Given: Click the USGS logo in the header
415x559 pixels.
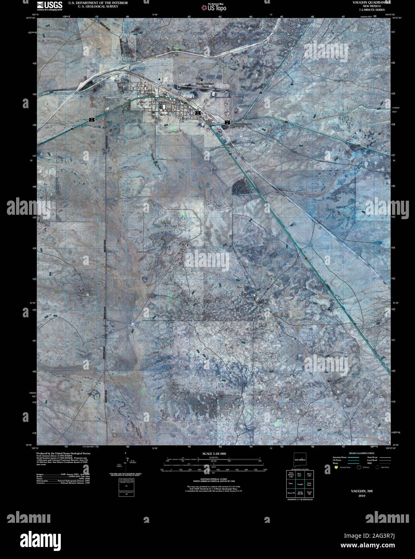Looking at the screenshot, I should pos(50,5).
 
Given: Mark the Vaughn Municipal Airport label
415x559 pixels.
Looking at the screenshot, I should pos(206,84).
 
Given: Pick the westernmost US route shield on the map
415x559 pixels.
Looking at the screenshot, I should pos(92,119).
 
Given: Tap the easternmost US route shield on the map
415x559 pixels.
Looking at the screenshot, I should pos(227,122).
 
